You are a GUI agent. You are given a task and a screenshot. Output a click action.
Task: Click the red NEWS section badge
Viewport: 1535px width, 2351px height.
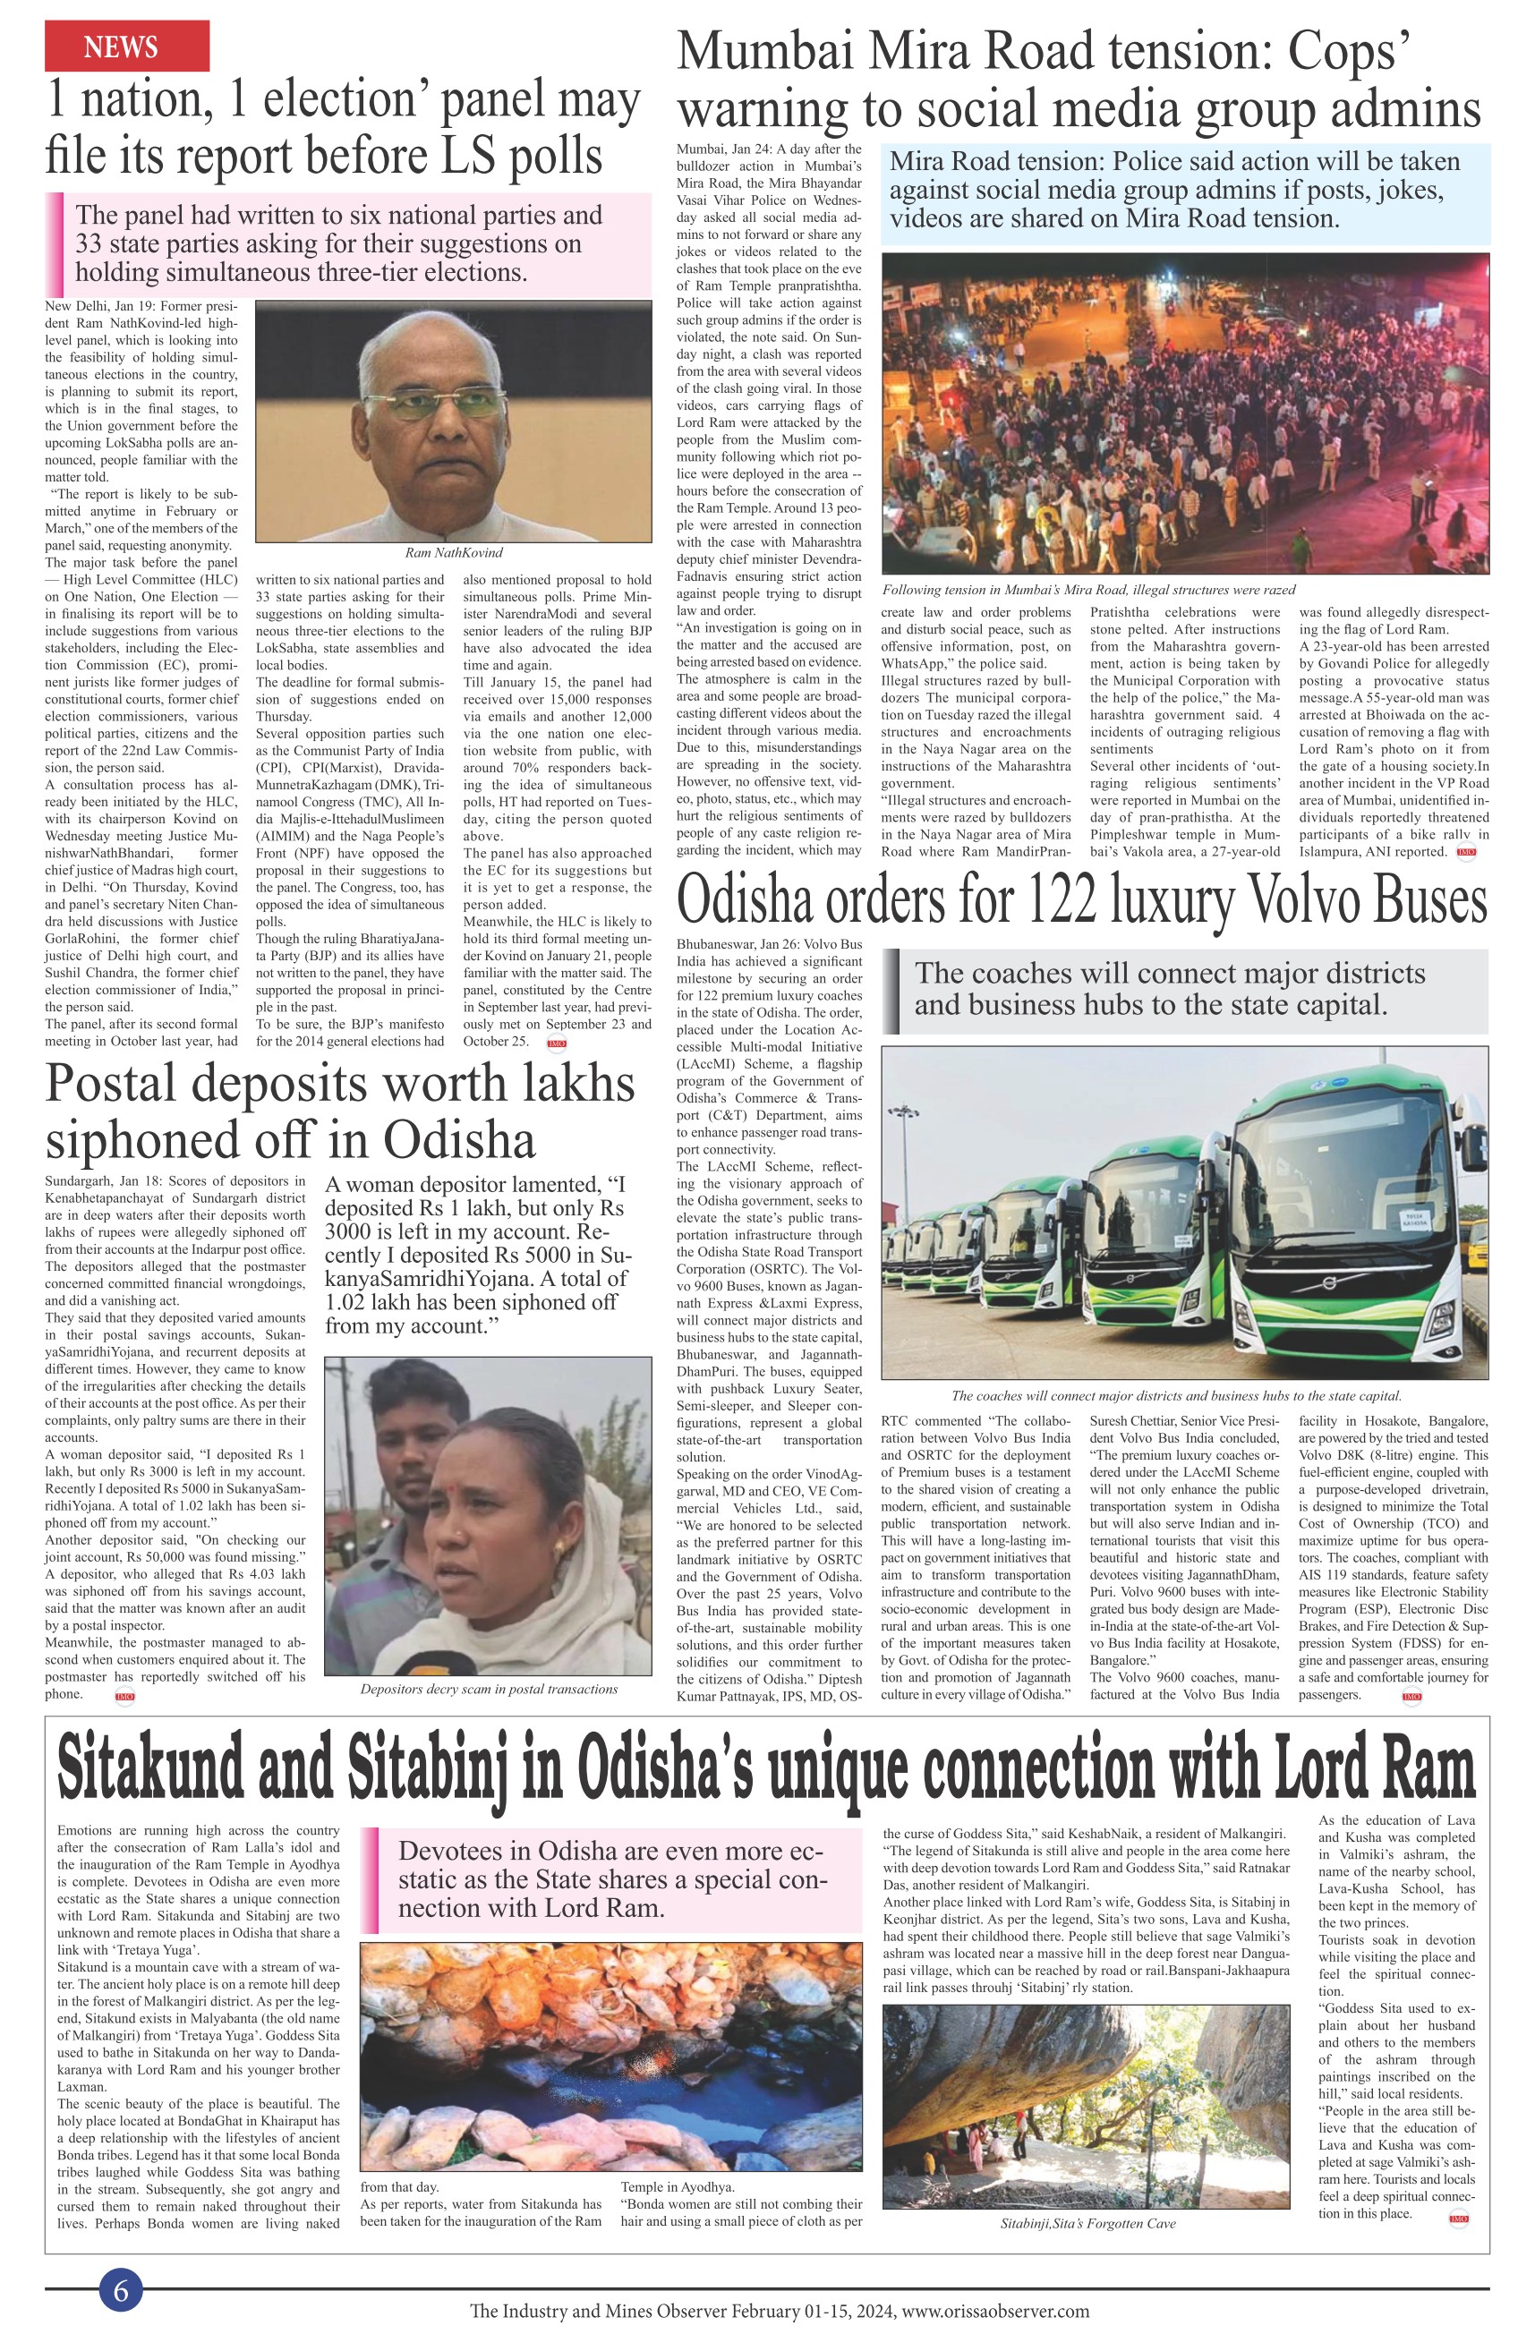pos(126,46)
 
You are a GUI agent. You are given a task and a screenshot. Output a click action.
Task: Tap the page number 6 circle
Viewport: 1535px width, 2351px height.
pos(121,2290)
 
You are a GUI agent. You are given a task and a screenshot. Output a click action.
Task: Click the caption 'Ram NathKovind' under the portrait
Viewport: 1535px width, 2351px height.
pos(454,552)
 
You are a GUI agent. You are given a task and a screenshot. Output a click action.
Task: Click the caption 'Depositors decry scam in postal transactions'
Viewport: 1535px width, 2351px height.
pos(488,1688)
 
